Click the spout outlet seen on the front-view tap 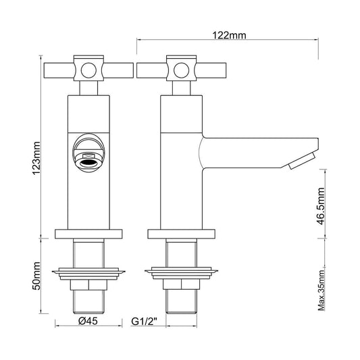coord(88,159)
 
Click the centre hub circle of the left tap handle coord(88,70)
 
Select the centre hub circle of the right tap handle coord(181,70)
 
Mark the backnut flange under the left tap coord(88,274)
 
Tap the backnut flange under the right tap coord(181,274)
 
